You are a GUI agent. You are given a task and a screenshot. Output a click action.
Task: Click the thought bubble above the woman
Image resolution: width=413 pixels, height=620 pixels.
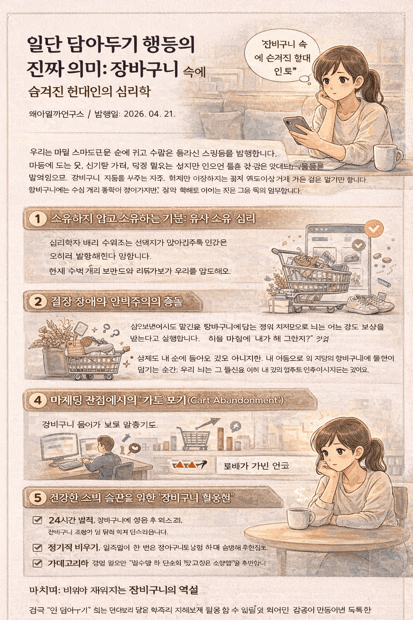(x=282, y=57)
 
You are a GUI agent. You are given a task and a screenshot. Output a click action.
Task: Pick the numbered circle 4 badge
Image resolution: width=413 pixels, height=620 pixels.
(x=38, y=400)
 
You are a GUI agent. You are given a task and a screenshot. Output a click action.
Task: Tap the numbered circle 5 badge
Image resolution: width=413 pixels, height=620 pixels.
(x=38, y=497)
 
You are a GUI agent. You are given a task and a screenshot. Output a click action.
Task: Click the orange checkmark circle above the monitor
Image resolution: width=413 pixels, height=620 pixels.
(x=374, y=229)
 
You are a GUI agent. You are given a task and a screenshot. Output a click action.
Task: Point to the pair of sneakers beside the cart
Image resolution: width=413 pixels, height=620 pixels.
(x=369, y=303)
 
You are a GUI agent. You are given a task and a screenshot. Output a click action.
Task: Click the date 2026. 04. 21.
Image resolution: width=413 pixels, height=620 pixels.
(x=149, y=114)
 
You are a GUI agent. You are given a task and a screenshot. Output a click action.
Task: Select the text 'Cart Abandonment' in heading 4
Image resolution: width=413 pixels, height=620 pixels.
(x=236, y=400)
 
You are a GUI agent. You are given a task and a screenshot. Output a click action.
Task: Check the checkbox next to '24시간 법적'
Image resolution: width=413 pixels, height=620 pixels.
(x=38, y=520)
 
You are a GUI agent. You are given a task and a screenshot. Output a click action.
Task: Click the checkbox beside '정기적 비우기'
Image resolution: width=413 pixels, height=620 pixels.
(x=38, y=547)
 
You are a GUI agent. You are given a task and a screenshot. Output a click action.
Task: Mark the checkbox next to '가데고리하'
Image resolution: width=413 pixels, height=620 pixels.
(x=38, y=563)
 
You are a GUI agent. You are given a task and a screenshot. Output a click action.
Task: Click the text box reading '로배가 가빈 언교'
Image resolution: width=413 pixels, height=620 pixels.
(x=257, y=466)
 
